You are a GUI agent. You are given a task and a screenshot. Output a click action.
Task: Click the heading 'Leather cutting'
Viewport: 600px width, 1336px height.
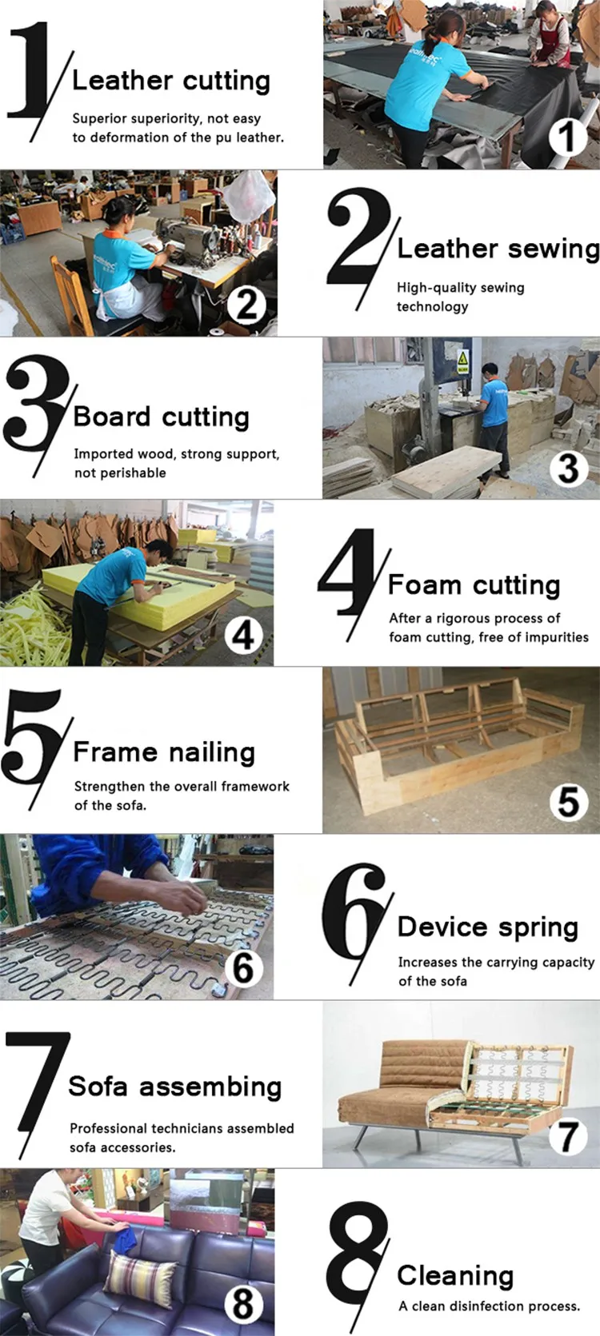coord(170,81)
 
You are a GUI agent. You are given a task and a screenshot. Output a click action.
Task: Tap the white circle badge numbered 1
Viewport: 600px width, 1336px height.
coord(567,138)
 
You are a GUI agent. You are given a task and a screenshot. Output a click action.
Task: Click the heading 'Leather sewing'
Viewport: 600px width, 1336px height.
coord(498,249)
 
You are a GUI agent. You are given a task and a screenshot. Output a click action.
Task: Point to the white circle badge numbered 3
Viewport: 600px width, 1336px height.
coord(568,468)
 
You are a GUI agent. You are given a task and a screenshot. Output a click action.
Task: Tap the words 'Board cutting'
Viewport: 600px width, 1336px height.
coord(161,417)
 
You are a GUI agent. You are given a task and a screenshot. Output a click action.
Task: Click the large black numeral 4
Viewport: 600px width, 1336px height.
coord(347,572)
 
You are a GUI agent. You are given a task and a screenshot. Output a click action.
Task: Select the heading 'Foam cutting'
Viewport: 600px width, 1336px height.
coord(474,585)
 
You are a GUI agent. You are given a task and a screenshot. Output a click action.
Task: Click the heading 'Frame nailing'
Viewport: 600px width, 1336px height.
coord(163,752)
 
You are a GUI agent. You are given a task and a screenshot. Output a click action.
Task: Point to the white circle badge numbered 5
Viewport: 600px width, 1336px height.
coord(568,802)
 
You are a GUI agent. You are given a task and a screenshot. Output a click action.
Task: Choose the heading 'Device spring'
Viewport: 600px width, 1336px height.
coord(488,927)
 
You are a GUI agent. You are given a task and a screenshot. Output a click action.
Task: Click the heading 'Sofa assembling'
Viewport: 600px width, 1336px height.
coord(175,1086)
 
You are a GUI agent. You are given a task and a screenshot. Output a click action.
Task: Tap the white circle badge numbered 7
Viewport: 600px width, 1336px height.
coord(568,1136)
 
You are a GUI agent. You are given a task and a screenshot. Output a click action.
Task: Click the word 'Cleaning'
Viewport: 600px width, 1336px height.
coord(455,1276)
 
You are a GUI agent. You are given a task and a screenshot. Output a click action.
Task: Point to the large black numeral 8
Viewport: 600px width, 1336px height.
coord(357,1260)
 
